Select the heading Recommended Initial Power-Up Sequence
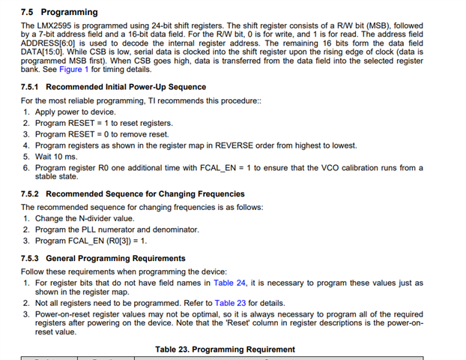[113, 87]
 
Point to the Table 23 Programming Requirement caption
[225, 349]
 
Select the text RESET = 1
[88, 123]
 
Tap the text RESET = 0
[88, 134]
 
